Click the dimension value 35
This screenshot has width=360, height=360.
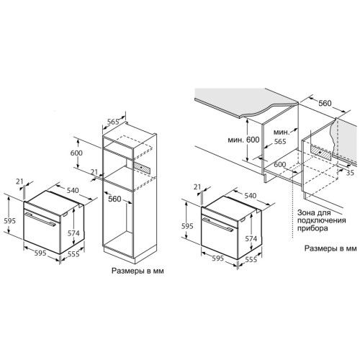click(x=351, y=173)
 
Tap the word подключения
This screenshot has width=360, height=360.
click(x=322, y=220)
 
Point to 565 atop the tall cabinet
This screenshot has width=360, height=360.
click(x=113, y=122)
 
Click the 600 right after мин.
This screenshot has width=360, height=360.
click(x=253, y=140)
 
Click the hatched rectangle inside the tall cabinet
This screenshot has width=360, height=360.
click(x=143, y=166)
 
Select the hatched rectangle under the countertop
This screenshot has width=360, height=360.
click(x=321, y=152)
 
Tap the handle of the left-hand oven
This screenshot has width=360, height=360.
click(x=40, y=219)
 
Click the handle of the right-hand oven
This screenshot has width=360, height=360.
click(x=218, y=225)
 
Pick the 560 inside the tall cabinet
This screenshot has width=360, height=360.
click(x=114, y=199)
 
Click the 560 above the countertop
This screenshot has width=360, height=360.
click(x=325, y=103)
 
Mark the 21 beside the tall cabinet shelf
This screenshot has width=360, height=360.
click(x=94, y=172)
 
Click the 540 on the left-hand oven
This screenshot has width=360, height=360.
click(x=73, y=190)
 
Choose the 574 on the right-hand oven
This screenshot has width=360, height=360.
click(x=251, y=238)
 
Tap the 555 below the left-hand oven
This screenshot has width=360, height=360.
click(x=73, y=254)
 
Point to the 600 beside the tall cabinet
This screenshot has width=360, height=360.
click(x=76, y=153)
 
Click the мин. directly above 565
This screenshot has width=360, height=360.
click(x=281, y=132)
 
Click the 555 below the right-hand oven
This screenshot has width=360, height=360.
click(x=251, y=259)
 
